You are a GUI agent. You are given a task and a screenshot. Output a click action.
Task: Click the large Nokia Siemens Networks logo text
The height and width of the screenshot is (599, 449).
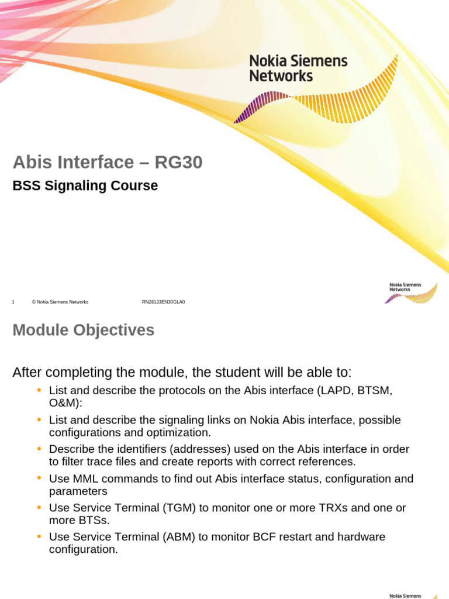pyautogui.click(x=298, y=68)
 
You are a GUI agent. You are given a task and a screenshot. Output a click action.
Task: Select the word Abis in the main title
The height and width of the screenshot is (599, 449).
pyautogui.click(x=33, y=162)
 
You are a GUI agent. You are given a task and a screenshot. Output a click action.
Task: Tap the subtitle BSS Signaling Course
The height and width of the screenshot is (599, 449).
pyautogui.click(x=85, y=186)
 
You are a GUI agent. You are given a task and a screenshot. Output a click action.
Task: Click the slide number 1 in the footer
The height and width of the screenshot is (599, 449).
pyautogui.click(x=13, y=302)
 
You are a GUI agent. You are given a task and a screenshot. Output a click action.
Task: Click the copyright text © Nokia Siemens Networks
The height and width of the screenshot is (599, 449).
pyautogui.click(x=60, y=302)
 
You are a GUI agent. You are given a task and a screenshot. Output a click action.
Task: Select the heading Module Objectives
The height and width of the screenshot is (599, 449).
pyautogui.click(x=84, y=331)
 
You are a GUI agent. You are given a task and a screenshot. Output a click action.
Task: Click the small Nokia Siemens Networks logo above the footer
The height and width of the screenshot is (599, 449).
pyautogui.click(x=410, y=291)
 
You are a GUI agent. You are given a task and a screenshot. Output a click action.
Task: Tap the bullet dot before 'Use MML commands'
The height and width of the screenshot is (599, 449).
pyautogui.click(x=39, y=478)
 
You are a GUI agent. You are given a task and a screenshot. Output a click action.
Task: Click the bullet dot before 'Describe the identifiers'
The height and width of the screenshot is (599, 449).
pyautogui.click(x=39, y=449)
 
